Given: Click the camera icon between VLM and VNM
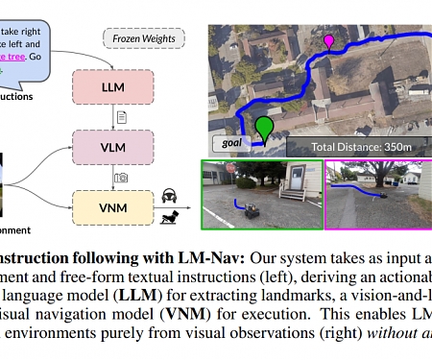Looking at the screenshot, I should [x=121, y=177].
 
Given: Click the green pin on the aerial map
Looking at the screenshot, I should [x=264, y=129].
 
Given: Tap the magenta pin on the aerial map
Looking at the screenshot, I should [x=329, y=41].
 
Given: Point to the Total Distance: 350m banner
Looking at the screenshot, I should [x=357, y=147].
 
